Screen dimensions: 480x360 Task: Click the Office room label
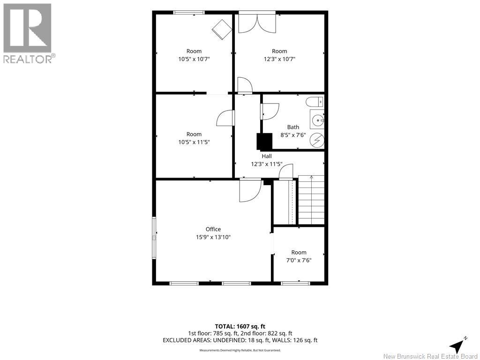[213, 229]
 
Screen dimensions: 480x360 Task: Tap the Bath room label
[293, 127]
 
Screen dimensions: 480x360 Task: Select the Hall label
[267, 156]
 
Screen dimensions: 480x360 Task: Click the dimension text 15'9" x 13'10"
[213, 237]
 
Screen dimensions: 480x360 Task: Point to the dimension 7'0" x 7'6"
[299, 260]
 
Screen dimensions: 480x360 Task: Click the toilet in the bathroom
[315, 102]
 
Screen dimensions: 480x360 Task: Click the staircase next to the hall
[311, 200]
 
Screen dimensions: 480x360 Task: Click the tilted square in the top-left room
[222, 30]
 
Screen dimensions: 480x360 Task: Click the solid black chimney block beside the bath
[264, 141]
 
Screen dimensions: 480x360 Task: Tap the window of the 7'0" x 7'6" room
[295, 284]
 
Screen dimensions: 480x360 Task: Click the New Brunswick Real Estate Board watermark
[430, 356]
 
